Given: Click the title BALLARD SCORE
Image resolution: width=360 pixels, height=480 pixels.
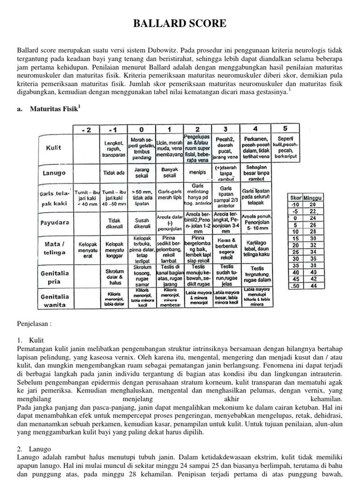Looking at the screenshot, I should (x=180, y=23).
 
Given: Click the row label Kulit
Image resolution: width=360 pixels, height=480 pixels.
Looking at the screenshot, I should (x=54, y=148).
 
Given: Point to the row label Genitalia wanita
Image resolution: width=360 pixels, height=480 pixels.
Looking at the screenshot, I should (x=54, y=300).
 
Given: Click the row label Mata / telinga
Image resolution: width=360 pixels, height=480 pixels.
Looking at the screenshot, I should (x=54, y=247).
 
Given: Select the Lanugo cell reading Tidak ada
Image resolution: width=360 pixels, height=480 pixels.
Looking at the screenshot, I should (x=112, y=172).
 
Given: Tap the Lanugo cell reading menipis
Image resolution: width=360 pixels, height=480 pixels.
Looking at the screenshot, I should (x=197, y=172).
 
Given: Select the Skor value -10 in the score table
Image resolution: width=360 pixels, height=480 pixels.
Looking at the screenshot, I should (x=295, y=204).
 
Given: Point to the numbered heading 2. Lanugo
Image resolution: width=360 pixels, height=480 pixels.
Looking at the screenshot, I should (x=34, y=449).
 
